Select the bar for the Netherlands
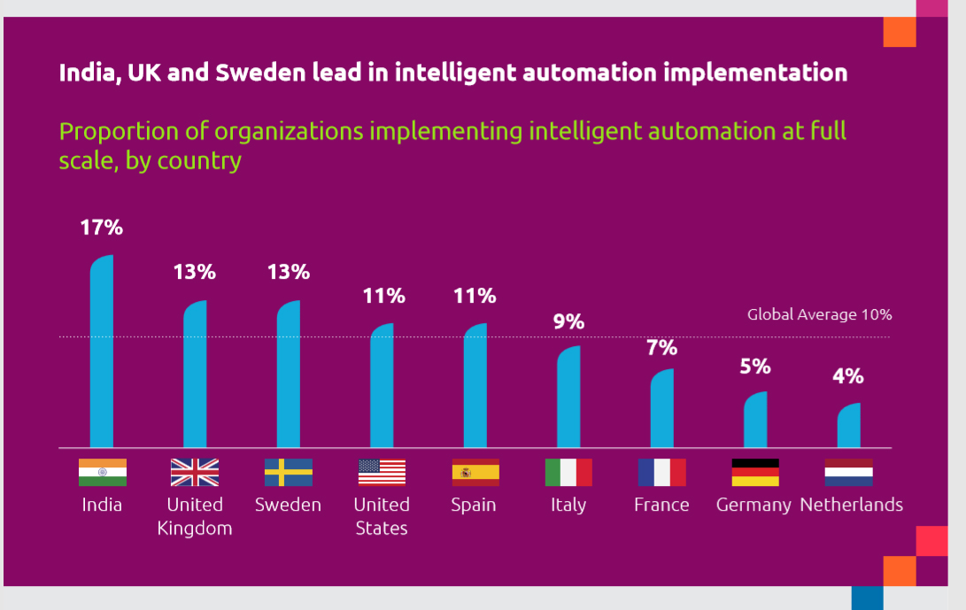pos(848,426)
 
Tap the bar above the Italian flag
pos(568,398)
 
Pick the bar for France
pos(661,409)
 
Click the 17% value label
pos(101,228)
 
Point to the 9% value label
pos(568,321)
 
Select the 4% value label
pos(847,376)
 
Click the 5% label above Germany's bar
pos(755,367)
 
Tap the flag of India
pos(103,472)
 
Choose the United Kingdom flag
pos(195,472)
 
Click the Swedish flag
pos(288,472)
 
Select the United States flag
pos(382,472)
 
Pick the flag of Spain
pos(475,472)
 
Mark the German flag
pos(755,472)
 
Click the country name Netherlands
pos(851,505)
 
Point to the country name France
pos(661,505)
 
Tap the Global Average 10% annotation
pos(819,314)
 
